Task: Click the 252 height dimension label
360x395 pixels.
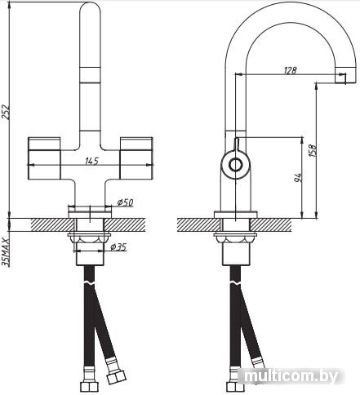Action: tap(6, 112)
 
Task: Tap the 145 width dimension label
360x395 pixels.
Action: tap(91, 161)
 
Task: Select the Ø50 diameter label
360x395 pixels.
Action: tap(125, 202)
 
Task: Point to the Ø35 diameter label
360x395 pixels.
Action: tap(118, 247)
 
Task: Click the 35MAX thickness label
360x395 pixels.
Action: tap(6, 251)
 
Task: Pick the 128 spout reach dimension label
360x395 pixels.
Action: tap(290, 70)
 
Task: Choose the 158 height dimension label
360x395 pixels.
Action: tap(313, 150)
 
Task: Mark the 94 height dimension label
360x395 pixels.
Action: tap(299, 177)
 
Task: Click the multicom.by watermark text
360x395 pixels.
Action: tap(291, 376)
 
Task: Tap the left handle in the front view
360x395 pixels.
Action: tap(44, 158)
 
